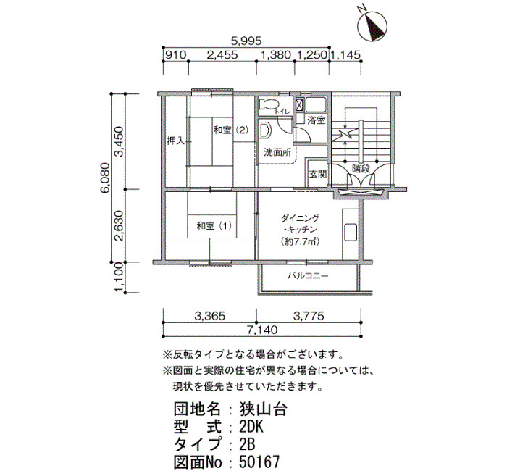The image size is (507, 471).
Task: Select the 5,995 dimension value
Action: pyautogui.click(x=246, y=41)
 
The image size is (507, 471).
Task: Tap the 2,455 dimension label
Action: pyautogui.click(x=222, y=55)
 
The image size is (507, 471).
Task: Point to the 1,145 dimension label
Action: pyautogui.click(x=345, y=55)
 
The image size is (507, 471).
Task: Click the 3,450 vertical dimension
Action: pyautogui.click(x=119, y=141)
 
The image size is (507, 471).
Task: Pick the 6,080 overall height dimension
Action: pyautogui.click(x=106, y=178)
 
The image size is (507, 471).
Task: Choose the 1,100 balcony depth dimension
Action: pyautogui.click(x=119, y=277)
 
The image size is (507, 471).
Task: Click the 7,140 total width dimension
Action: pyautogui.click(x=262, y=330)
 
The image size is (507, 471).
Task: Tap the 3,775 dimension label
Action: pyautogui.click(x=309, y=316)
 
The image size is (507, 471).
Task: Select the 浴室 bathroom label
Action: pyautogui.click(x=316, y=121)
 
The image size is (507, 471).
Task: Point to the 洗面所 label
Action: pyautogui.click(x=277, y=152)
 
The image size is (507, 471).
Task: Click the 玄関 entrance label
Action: pyautogui.click(x=318, y=174)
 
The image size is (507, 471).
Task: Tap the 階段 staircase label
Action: pyautogui.click(x=361, y=169)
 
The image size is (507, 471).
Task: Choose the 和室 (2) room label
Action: pyautogui.click(x=230, y=130)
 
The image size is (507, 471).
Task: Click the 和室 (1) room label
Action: pyautogui.click(x=214, y=225)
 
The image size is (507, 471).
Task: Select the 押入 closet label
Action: pyautogui.click(x=175, y=141)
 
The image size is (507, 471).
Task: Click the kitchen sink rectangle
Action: pyautogui.click(x=351, y=232)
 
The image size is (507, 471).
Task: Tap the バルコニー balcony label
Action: pyautogui.click(x=308, y=276)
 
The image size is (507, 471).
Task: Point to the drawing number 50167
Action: pyautogui.click(x=259, y=462)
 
